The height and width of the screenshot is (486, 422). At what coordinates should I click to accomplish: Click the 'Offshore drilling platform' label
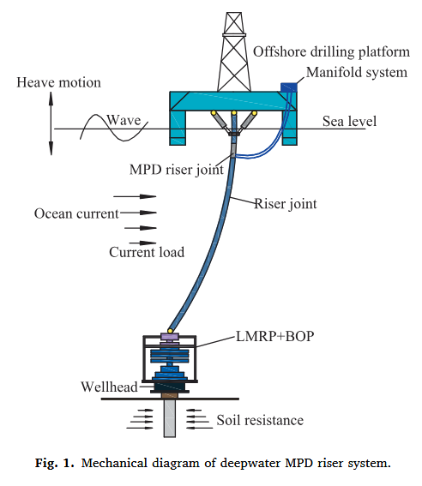tap(331, 51)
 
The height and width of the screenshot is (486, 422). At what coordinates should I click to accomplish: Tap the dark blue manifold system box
tap(289, 87)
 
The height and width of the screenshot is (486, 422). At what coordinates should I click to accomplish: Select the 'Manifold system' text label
tap(357, 73)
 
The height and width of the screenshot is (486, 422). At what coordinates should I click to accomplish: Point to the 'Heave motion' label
tap(59, 83)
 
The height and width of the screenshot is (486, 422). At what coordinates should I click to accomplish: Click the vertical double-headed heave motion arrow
tap(51, 123)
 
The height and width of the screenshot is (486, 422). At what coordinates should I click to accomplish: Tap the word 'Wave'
tap(124, 120)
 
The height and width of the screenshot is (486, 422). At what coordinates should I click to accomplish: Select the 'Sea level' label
tap(349, 121)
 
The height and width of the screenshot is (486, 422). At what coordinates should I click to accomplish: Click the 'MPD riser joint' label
tap(177, 170)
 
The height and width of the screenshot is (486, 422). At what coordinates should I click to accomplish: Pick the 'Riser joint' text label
tap(286, 204)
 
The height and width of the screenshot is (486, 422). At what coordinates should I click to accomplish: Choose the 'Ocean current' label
tap(76, 214)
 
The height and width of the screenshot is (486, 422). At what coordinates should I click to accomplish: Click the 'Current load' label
tap(147, 252)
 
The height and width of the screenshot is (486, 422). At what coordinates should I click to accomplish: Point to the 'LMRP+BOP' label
tap(275, 336)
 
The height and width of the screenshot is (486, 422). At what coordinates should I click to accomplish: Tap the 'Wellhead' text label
tap(109, 387)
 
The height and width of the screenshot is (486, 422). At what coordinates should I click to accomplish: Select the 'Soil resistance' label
tap(260, 421)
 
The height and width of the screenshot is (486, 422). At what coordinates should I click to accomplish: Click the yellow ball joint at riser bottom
tap(170, 331)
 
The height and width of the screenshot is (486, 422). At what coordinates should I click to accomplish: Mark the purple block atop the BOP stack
tap(170, 337)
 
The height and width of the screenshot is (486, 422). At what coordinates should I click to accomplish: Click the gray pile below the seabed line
tap(170, 418)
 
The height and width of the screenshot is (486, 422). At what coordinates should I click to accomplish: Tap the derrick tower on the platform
tap(234, 52)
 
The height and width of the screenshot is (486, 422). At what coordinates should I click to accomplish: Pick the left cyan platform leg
tap(178, 128)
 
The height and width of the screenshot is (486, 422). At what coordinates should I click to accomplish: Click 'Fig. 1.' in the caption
tap(55, 463)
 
